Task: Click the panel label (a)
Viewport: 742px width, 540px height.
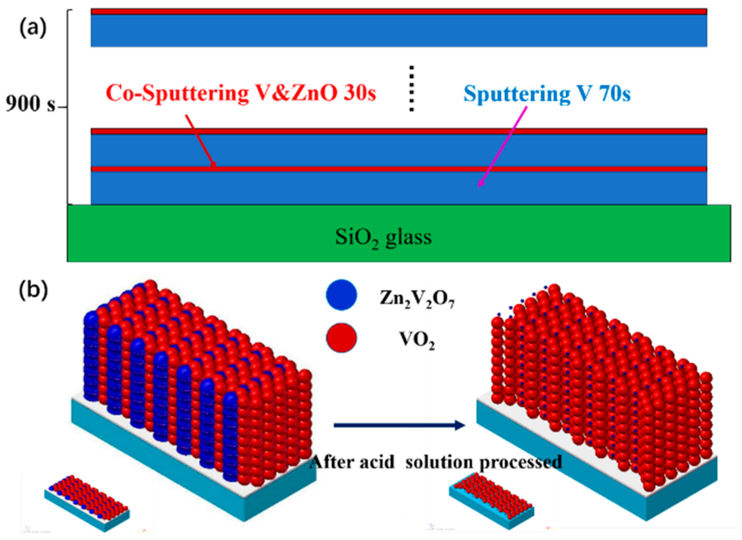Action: point(33,28)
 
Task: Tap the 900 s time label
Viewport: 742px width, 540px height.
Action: point(30,104)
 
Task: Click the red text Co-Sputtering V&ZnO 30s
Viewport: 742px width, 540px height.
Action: point(240,93)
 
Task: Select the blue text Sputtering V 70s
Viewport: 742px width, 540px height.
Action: point(546,93)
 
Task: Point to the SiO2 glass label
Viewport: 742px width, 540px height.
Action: point(383,238)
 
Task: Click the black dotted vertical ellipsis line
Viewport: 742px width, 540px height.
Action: point(412,89)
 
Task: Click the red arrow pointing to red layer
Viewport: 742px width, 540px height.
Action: point(200,141)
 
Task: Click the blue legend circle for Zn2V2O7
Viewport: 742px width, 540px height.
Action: point(341,295)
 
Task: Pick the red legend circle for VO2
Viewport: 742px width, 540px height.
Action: point(341,337)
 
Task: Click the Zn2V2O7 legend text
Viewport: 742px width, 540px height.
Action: point(417,298)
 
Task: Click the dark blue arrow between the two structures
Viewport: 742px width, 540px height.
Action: point(399,425)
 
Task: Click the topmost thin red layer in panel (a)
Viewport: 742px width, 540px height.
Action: point(398,11)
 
